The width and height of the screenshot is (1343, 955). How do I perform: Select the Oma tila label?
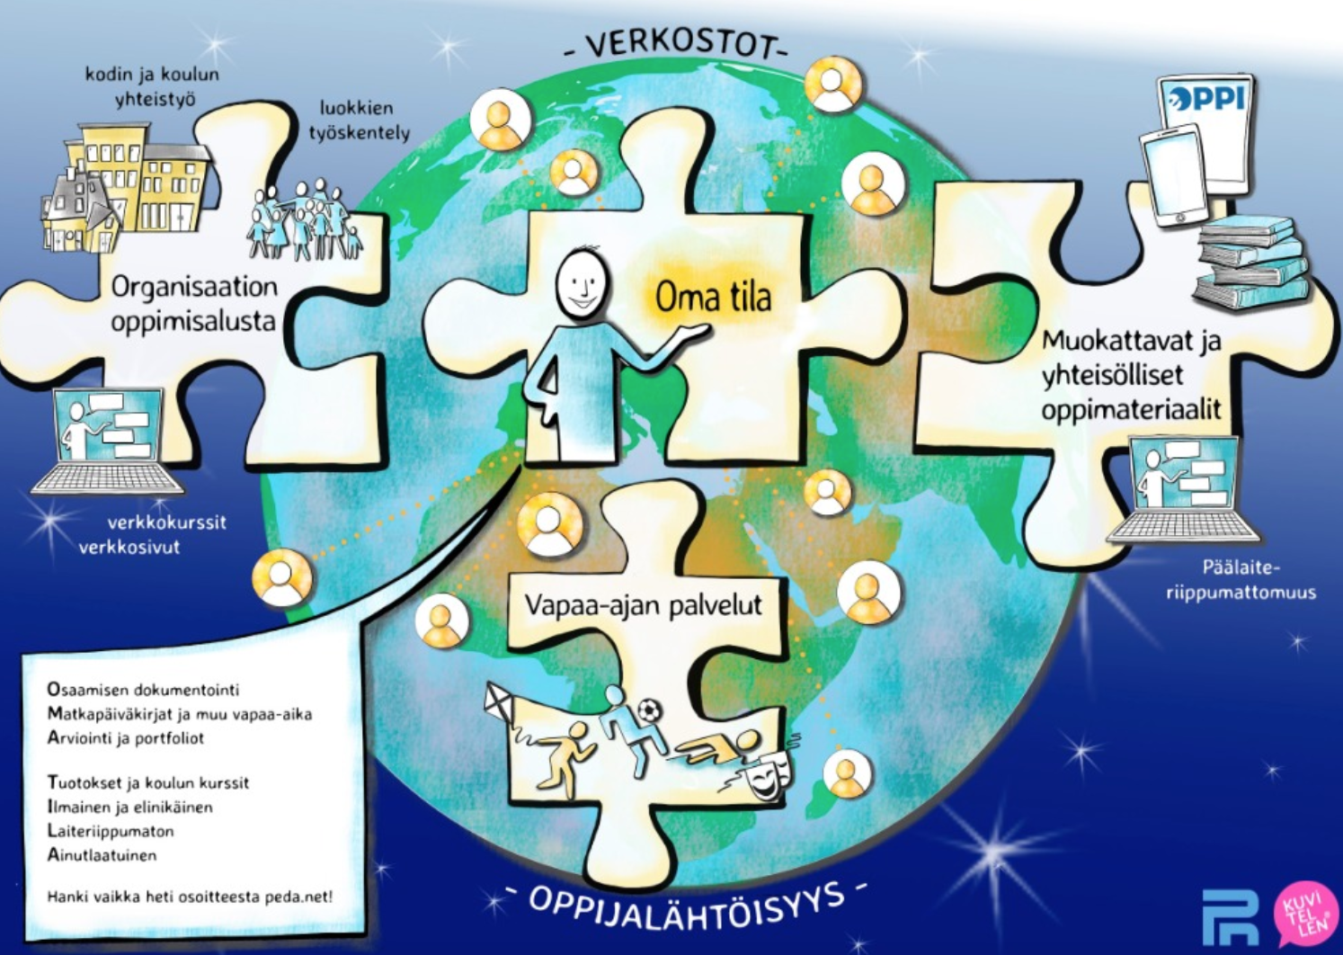713,298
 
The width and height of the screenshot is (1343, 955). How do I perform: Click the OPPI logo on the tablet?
1206,99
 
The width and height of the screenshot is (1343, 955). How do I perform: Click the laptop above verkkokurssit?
108,441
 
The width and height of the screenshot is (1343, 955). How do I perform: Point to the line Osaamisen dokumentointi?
143,690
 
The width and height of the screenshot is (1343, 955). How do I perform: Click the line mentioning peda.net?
190,897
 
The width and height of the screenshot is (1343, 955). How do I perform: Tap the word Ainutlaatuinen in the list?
102,855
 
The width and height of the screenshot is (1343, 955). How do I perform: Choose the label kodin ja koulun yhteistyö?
152,87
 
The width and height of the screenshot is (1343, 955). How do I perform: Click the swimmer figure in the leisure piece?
717,746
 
